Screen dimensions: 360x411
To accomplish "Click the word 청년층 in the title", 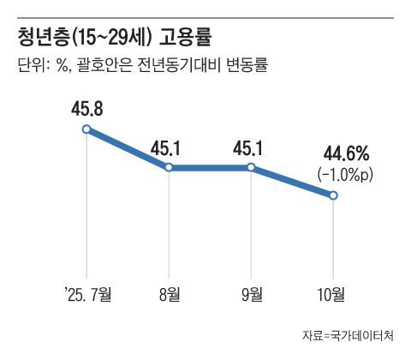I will click(x=44, y=37).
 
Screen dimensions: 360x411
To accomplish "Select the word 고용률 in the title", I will click(x=185, y=37).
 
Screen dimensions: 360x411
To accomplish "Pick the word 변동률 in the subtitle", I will click(x=245, y=65).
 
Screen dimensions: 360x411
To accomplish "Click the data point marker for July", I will click(x=86, y=129).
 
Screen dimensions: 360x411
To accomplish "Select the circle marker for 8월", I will click(x=169, y=167).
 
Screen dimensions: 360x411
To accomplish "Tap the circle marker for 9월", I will click(x=251, y=167).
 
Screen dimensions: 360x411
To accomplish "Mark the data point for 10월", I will click(x=334, y=196).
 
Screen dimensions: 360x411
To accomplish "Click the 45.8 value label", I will click(x=87, y=109).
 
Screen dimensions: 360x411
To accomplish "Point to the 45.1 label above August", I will click(x=169, y=147).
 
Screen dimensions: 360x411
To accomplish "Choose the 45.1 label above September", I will click(x=251, y=147).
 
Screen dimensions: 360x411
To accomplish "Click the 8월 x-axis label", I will click(x=169, y=296).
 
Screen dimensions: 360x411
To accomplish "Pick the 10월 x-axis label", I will click(x=333, y=296).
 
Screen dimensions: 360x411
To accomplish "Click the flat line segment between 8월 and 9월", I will click(x=210, y=167).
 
